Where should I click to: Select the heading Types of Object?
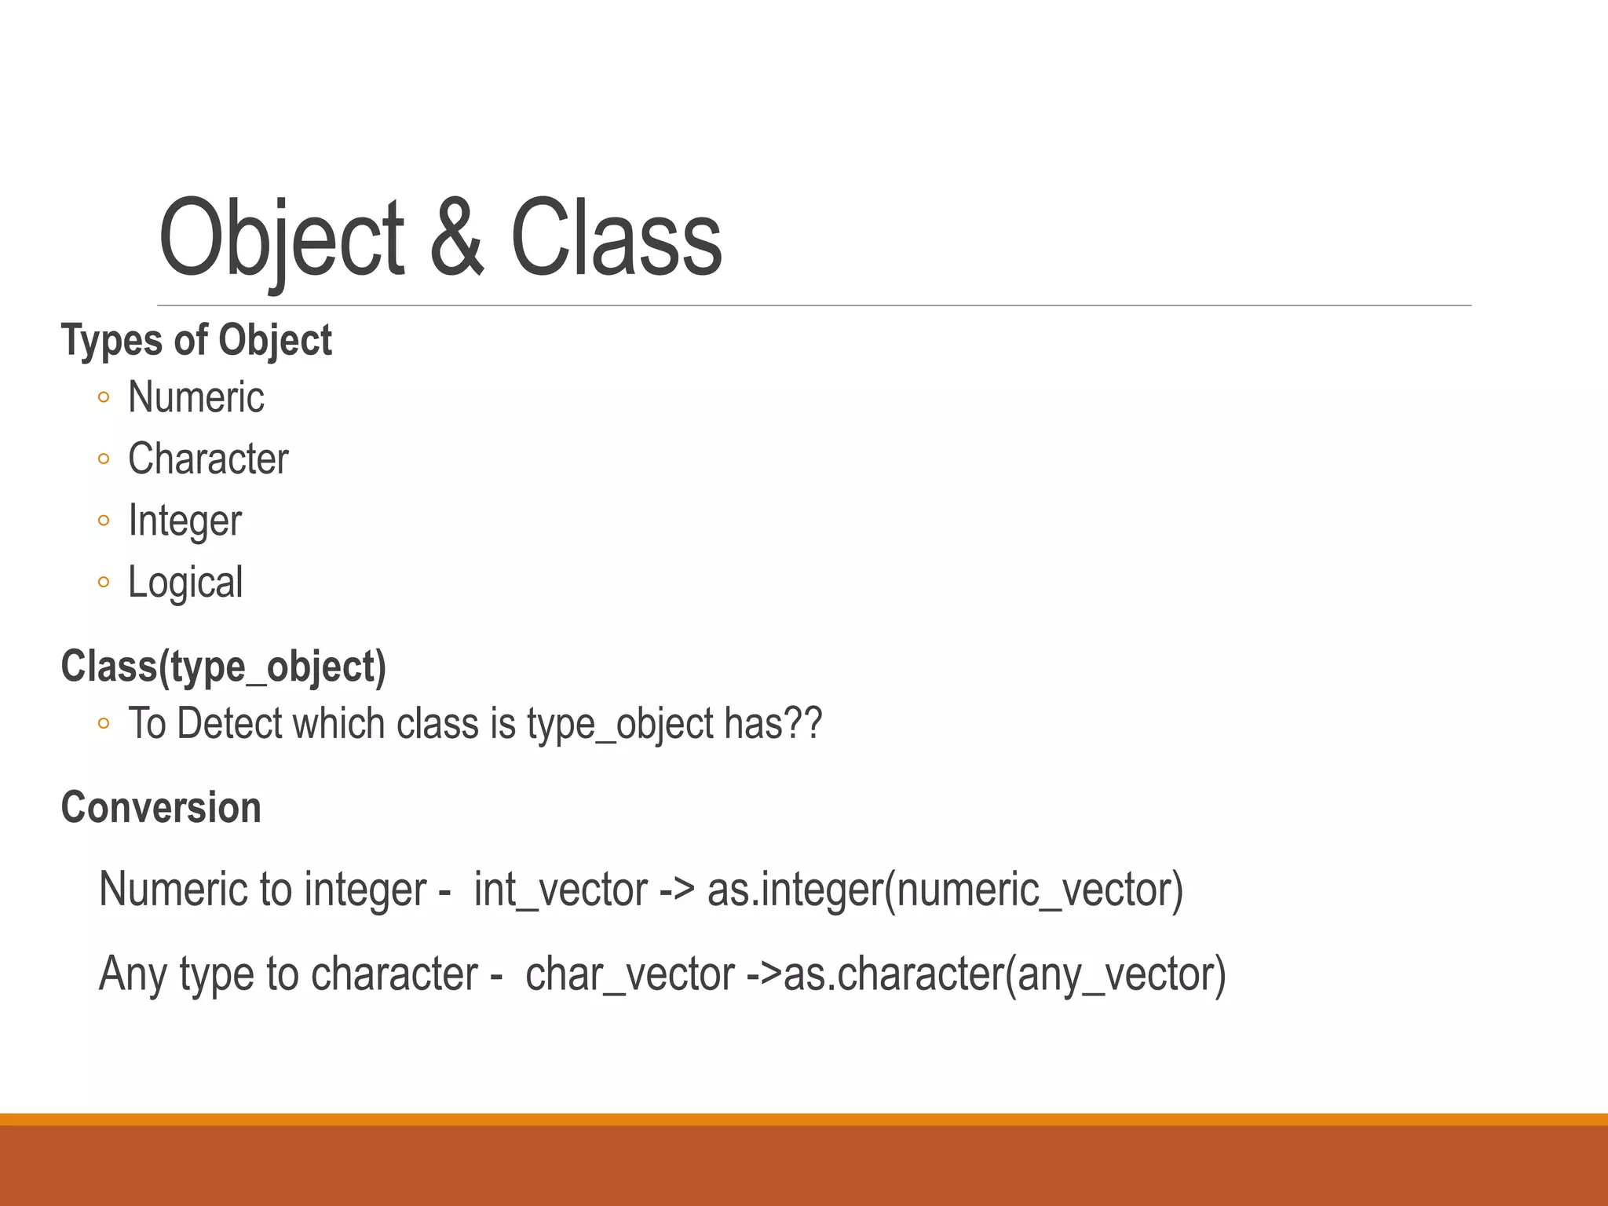click(x=196, y=341)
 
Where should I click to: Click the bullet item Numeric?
click(x=196, y=397)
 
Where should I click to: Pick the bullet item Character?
click(x=208, y=459)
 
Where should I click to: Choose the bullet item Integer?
click(x=185, y=521)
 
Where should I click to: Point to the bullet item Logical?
click(x=185, y=583)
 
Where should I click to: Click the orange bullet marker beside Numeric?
click(x=104, y=398)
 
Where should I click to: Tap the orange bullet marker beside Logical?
click(x=104, y=583)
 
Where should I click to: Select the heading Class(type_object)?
click(x=224, y=667)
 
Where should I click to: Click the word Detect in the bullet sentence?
click(x=229, y=723)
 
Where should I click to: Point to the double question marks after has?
click(x=803, y=723)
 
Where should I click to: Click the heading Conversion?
click(x=161, y=808)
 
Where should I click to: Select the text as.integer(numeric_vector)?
click(x=945, y=890)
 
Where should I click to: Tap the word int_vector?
click(x=561, y=890)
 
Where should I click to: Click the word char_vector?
click(x=630, y=975)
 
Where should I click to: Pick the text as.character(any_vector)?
click(x=1004, y=975)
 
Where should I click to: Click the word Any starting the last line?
click(x=133, y=975)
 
